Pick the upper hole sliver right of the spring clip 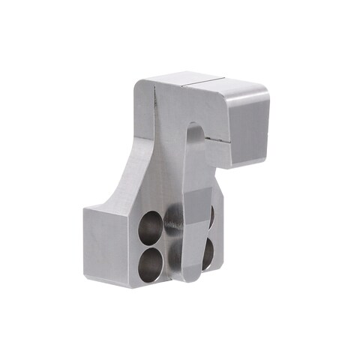pyautogui.click(x=211, y=215)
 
